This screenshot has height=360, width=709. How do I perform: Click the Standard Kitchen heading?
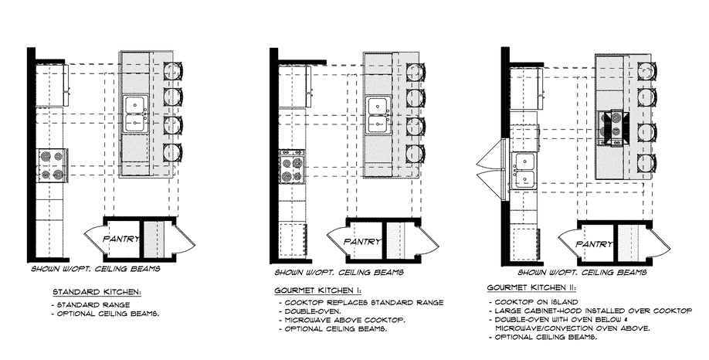coord(96,294)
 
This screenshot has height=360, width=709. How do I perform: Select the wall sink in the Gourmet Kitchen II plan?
coord(525,172)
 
